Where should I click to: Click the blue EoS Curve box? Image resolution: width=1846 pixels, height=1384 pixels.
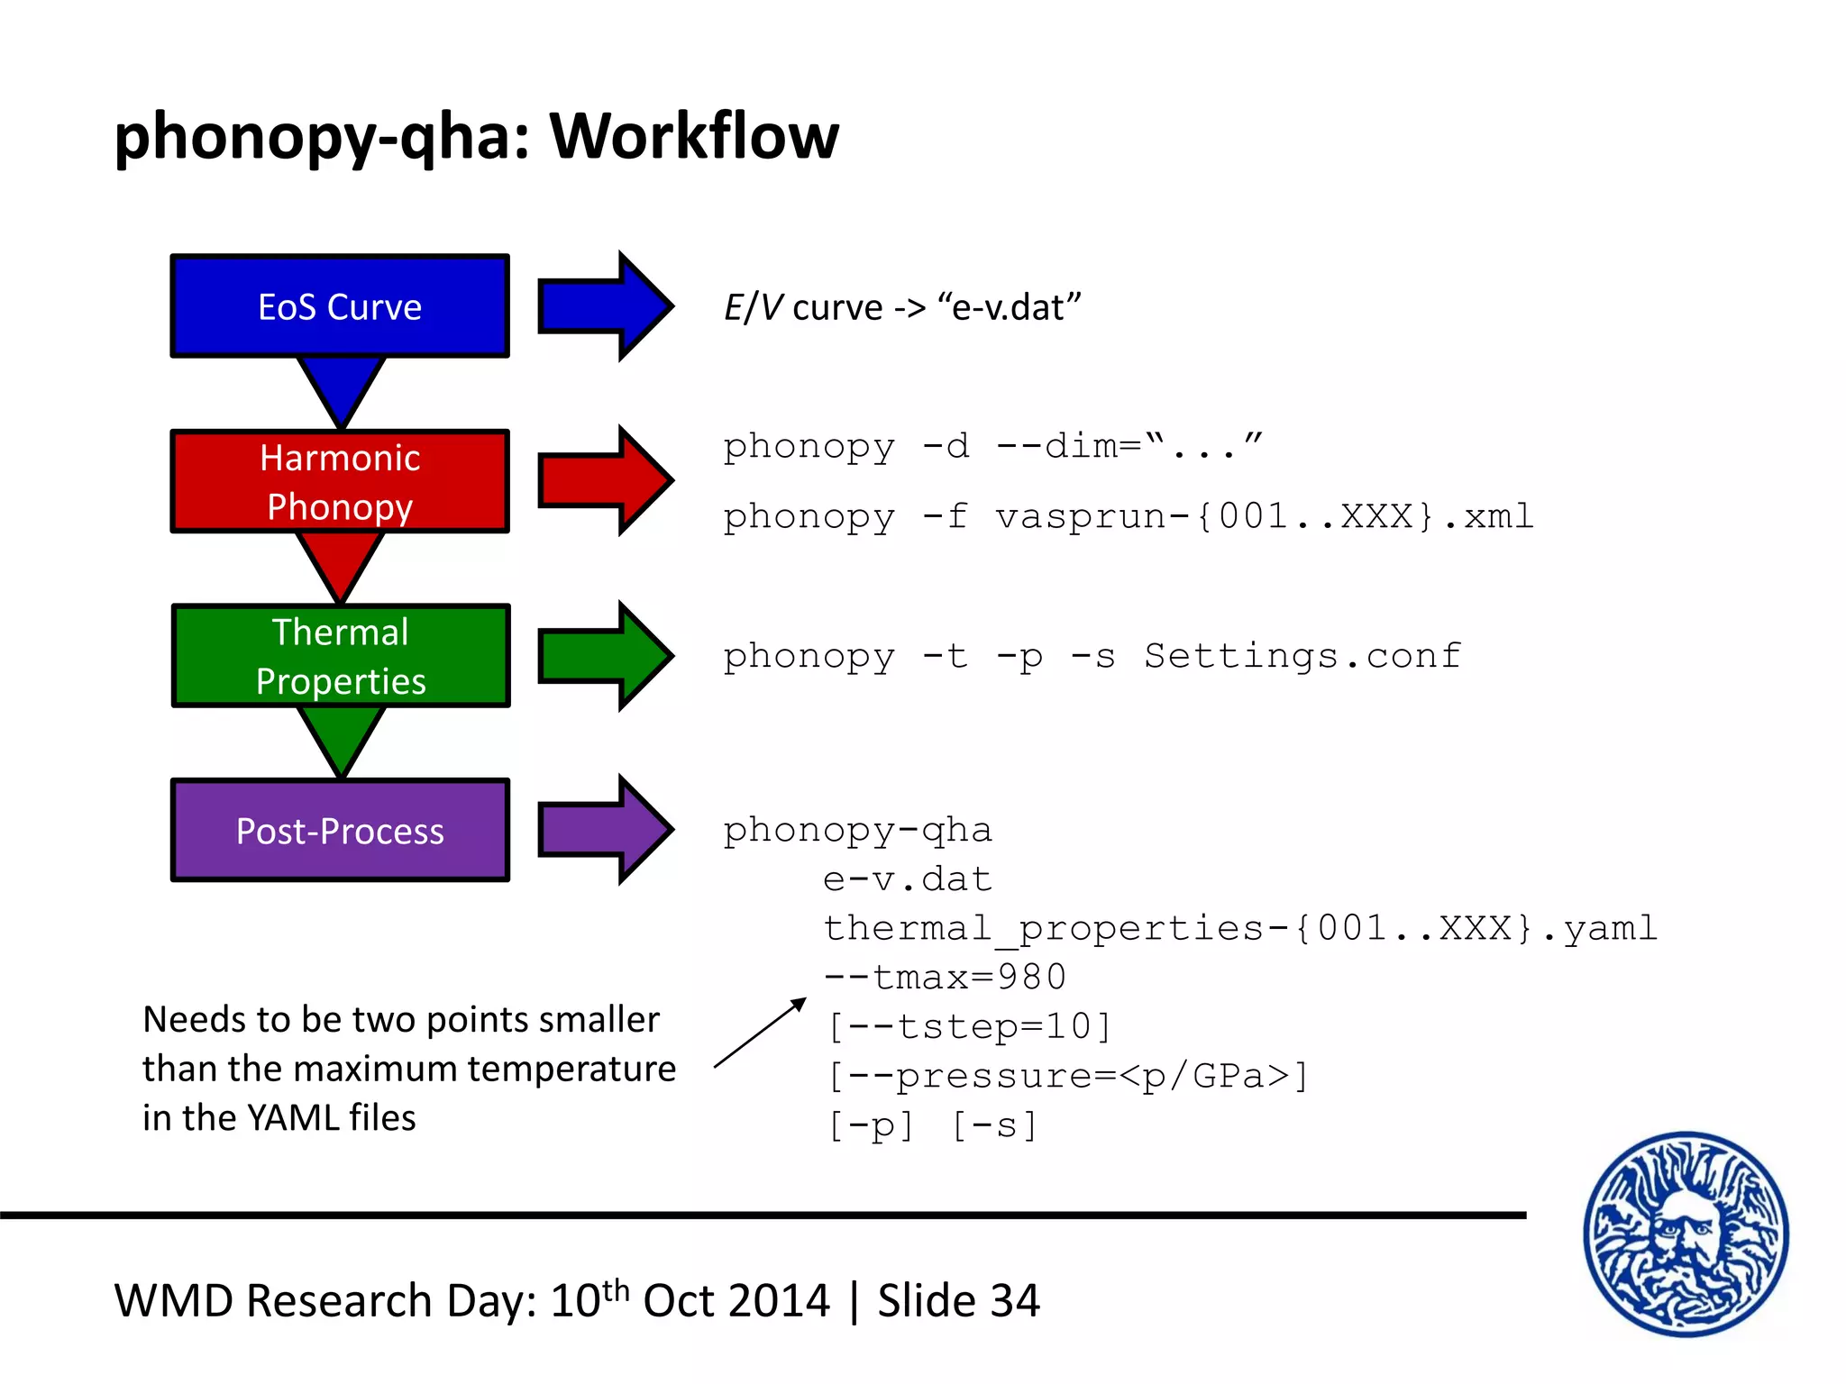point(340,306)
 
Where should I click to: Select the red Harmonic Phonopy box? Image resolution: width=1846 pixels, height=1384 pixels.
point(340,481)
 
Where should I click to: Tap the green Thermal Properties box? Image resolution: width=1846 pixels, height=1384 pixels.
point(340,656)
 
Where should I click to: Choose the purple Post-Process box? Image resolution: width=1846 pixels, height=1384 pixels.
point(340,830)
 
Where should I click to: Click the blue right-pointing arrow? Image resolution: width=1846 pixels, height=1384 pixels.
point(604,306)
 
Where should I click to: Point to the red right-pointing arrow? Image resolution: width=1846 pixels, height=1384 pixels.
point(604,481)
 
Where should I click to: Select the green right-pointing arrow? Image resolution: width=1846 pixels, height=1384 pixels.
point(604,656)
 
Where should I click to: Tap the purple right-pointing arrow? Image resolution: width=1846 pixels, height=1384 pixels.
point(604,830)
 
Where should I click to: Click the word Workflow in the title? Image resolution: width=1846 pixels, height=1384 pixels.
point(694,137)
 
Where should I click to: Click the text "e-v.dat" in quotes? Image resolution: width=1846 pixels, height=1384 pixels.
point(1010,308)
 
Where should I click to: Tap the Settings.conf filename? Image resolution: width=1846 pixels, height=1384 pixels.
point(1302,656)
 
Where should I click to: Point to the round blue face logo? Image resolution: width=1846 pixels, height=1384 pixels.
point(1686,1234)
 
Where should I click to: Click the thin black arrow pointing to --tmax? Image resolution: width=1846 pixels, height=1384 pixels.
point(760,1033)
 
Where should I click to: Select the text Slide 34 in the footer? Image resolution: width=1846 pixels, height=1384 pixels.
point(958,1301)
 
